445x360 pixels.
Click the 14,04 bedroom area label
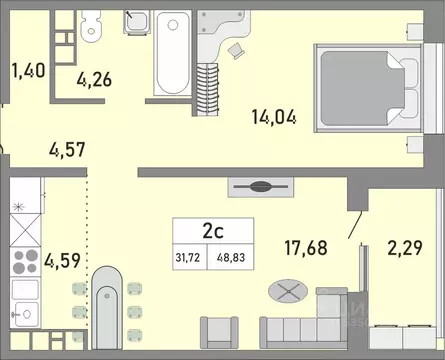276,116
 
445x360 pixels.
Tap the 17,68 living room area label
307,245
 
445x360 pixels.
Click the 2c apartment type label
213,230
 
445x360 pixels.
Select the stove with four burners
23,265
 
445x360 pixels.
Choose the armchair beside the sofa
219,334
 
